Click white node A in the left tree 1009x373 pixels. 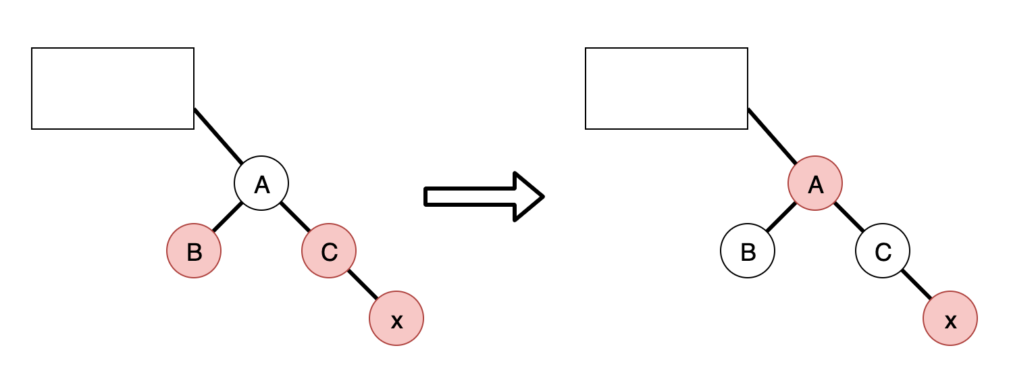click(x=261, y=183)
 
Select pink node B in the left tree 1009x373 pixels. click(x=194, y=251)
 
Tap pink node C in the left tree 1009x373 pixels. click(x=329, y=251)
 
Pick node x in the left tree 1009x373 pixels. click(x=396, y=318)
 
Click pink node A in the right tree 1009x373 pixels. click(x=815, y=183)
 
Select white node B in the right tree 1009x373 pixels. click(x=748, y=251)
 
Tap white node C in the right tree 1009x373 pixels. click(x=883, y=251)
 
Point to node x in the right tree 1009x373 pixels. click(x=950, y=318)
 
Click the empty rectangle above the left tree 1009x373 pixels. click(x=113, y=89)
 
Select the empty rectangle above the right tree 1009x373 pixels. click(x=667, y=89)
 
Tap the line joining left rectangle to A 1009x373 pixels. click(x=218, y=136)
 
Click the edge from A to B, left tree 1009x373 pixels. click(x=228, y=217)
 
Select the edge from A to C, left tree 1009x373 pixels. click(x=295, y=217)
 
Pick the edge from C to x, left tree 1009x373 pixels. click(x=363, y=284)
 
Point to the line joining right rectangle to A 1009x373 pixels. click(x=772, y=136)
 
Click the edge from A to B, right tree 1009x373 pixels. click(x=781, y=217)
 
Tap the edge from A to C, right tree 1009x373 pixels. click(x=849, y=217)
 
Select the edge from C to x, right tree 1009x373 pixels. click(x=916, y=284)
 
